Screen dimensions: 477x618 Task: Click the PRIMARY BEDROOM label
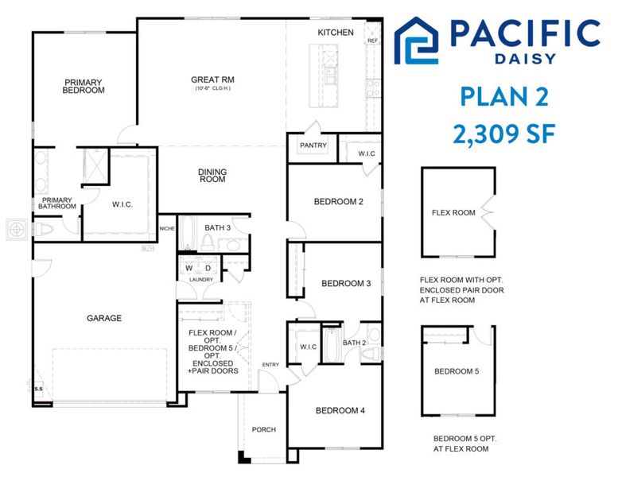pos(84,86)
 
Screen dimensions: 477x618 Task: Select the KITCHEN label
pos(336,33)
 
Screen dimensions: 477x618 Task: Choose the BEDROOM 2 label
pos(338,202)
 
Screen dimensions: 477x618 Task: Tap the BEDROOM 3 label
pos(346,284)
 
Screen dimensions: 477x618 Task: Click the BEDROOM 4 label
pos(340,411)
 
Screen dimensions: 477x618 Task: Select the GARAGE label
pos(104,318)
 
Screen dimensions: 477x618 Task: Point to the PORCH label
pos(263,430)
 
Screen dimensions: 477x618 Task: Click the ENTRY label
pos(270,365)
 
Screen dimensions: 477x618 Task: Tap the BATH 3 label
pos(217,228)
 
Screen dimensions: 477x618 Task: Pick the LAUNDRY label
pos(200,280)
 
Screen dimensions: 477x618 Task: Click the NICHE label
pos(166,229)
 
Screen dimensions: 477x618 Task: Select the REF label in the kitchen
pos(372,40)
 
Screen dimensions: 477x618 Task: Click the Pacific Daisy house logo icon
pos(417,41)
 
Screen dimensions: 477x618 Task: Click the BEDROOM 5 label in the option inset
pos(457,371)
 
